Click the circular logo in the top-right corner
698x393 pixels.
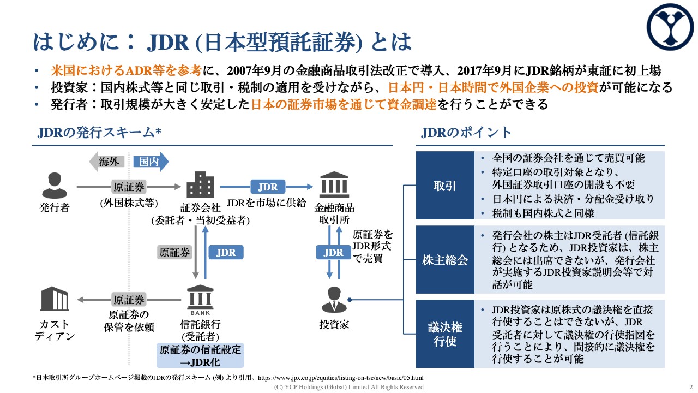click(x=670, y=26)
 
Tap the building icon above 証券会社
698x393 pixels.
click(x=200, y=184)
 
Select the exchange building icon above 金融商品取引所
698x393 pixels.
click(x=334, y=184)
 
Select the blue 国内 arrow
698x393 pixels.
click(x=151, y=162)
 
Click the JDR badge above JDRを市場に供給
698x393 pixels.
click(x=268, y=187)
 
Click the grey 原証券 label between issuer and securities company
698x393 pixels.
click(x=129, y=187)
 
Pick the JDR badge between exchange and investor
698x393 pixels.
click(x=334, y=253)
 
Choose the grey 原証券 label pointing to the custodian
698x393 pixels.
click(x=129, y=300)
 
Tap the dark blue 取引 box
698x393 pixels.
click(x=445, y=186)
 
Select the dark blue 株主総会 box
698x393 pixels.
click(x=445, y=260)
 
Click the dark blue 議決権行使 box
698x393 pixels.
click(x=445, y=334)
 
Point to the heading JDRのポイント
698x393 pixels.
click(x=466, y=133)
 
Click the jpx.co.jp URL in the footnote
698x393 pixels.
click(x=340, y=378)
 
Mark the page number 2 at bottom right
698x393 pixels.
click(x=690, y=387)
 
